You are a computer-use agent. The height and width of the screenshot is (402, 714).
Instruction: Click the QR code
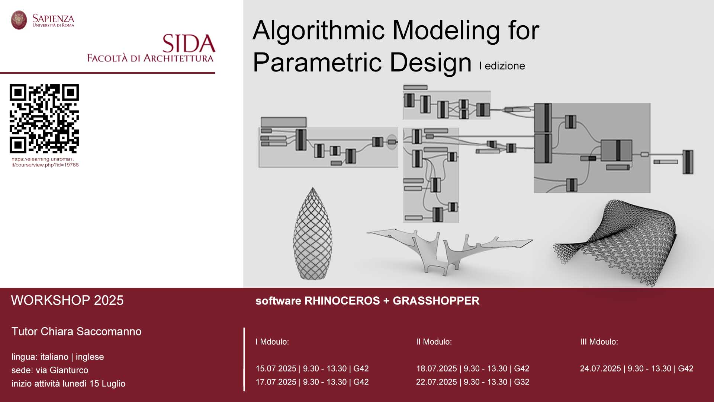(x=44, y=119)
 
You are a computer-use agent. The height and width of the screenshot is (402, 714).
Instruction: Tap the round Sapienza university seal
(x=19, y=20)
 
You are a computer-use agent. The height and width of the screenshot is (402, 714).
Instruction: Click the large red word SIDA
(x=189, y=44)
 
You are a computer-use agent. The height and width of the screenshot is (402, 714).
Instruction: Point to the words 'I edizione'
(x=502, y=66)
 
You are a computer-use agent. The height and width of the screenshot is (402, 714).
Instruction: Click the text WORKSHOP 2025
(x=67, y=300)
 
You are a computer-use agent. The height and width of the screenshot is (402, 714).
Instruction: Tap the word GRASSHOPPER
(x=436, y=301)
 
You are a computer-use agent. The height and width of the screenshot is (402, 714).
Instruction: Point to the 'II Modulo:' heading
(x=434, y=342)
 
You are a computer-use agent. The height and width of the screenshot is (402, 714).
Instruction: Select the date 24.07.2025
(x=601, y=368)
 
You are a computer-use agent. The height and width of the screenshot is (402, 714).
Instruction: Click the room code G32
(x=522, y=382)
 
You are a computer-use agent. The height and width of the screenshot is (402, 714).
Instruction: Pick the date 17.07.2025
(x=276, y=382)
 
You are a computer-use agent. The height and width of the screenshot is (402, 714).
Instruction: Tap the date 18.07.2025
(x=437, y=368)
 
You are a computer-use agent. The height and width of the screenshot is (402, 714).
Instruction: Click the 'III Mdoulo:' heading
(x=599, y=342)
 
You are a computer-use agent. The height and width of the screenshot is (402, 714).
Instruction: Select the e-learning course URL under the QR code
(x=45, y=162)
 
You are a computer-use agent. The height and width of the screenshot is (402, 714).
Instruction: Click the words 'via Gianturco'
(x=62, y=370)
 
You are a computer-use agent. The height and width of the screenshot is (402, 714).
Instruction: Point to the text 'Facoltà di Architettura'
(x=150, y=58)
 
